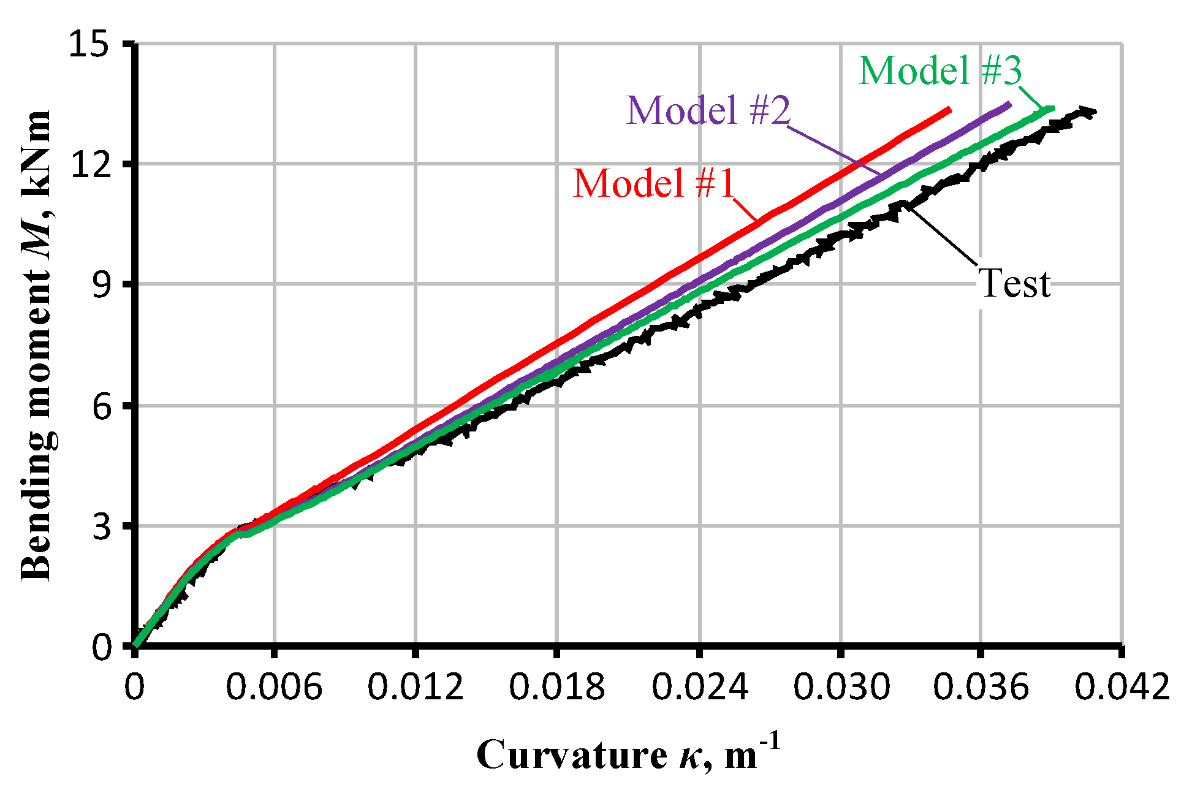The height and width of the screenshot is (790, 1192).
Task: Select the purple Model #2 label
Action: [708, 110]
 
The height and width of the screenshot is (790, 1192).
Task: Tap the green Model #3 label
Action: [940, 70]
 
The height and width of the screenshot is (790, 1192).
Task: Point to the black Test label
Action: [1014, 284]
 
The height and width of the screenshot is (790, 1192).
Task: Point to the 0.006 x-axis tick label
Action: [274, 686]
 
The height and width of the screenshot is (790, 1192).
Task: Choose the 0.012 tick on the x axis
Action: [416, 686]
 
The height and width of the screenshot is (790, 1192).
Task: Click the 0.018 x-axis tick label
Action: [557, 686]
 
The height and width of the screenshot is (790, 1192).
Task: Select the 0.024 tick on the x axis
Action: [699, 686]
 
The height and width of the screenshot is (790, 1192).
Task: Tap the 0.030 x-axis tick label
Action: [841, 686]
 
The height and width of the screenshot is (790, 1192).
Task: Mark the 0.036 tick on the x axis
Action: [981, 686]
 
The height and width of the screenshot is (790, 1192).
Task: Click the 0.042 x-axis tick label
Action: [1122, 686]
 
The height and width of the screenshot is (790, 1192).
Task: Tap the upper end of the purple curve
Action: [1008, 105]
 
